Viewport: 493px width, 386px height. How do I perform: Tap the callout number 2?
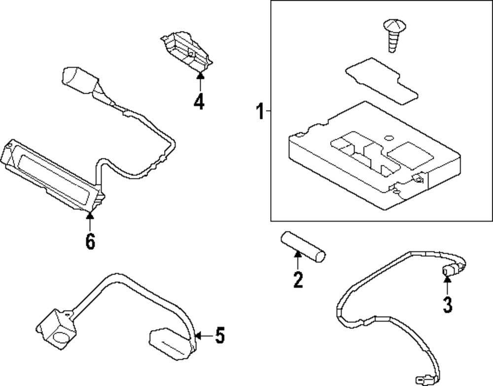[x=297, y=280]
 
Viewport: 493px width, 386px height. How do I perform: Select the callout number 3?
[x=447, y=304]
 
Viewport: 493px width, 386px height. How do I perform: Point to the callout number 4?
[x=199, y=102]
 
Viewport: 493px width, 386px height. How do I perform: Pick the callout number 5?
[x=219, y=336]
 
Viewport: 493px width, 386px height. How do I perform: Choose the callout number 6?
[x=90, y=242]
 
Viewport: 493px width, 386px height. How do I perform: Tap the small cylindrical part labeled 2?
[x=303, y=246]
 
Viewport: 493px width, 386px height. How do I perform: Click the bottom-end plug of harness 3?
[x=423, y=379]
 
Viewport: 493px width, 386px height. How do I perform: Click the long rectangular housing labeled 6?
[x=49, y=177]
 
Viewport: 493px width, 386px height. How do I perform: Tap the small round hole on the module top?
[x=389, y=138]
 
